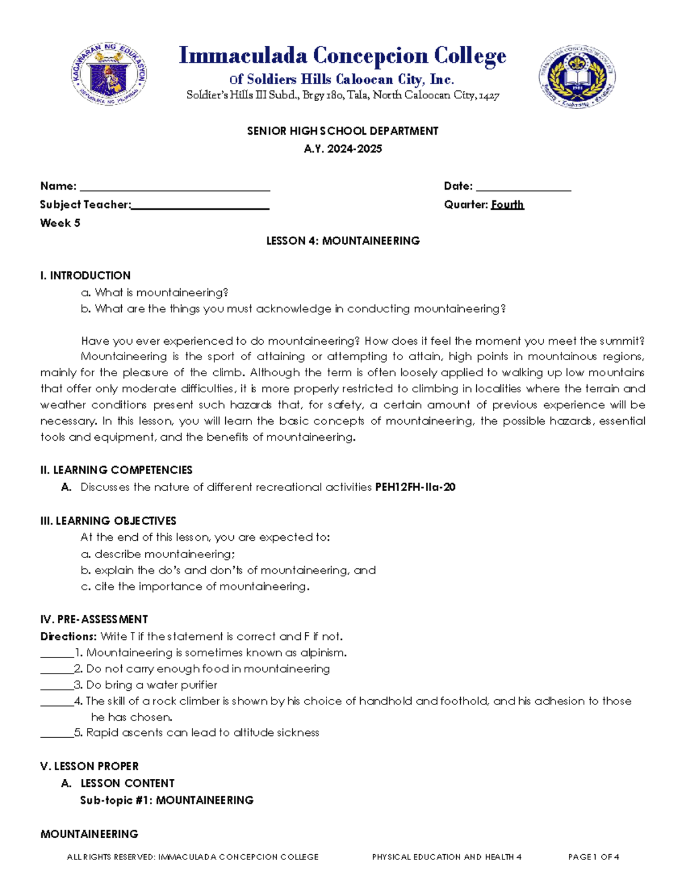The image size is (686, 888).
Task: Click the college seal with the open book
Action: (x=577, y=77)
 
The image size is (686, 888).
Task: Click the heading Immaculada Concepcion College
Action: (x=342, y=55)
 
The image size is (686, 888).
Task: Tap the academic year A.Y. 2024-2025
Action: (x=343, y=149)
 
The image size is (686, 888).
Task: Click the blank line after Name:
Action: (x=175, y=188)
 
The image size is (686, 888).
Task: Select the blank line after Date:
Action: (x=523, y=188)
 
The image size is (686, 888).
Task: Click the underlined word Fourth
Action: (x=507, y=205)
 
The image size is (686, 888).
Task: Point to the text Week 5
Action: (x=60, y=223)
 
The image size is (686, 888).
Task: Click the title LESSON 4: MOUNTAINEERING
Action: (x=343, y=241)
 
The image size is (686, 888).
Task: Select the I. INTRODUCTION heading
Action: (x=85, y=275)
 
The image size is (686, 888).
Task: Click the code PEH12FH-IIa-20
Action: (x=415, y=487)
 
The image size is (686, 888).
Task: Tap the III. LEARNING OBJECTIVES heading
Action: (x=108, y=521)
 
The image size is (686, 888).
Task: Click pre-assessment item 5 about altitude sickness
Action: (x=202, y=732)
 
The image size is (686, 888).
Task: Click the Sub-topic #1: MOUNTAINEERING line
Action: (x=167, y=800)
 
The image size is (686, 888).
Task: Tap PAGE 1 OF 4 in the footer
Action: (x=593, y=857)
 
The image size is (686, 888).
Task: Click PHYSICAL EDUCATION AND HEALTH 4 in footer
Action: (x=446, y=857)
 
